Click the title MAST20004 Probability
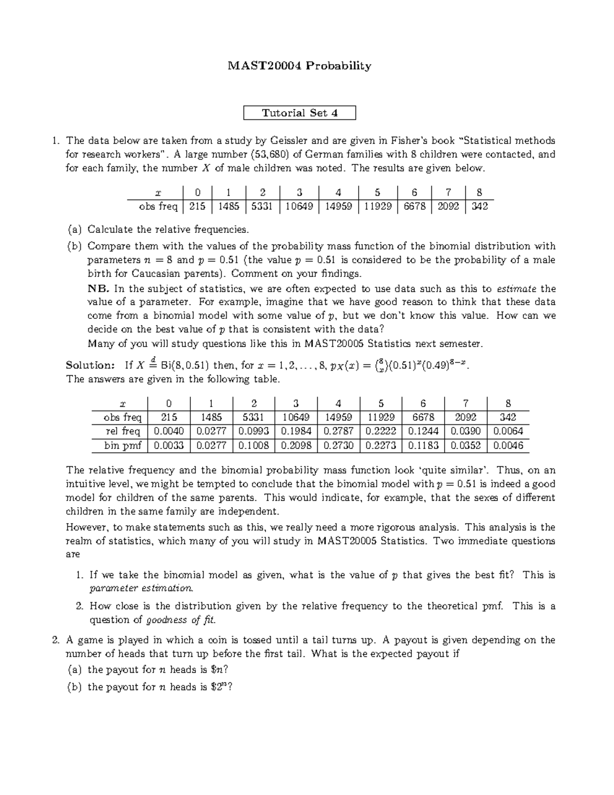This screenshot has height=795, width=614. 299,66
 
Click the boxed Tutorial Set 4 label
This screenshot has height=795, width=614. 299,113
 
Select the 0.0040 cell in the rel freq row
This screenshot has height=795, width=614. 169,432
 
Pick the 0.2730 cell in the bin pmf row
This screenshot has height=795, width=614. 338,446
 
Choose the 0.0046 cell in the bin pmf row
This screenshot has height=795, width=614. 508,446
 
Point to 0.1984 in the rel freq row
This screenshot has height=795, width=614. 296,432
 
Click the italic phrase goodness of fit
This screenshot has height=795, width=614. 181,620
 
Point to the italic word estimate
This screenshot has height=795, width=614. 517,289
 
